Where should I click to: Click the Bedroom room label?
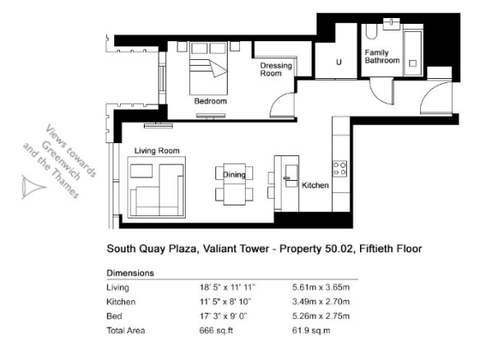(x=210, y=101)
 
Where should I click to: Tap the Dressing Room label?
(x=276, y=70)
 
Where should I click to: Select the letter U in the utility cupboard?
(x=339, y=62)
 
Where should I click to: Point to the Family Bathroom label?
(x=382, y=57)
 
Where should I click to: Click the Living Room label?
(x=157, y=150)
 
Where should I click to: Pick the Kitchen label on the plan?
(x=316, y=185)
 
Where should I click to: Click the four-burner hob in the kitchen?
(x=339, y=168)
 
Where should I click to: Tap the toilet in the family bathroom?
(x=372, y=31)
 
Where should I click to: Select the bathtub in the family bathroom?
(x=413, y=52)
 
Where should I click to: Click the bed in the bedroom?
(x=209, y=68)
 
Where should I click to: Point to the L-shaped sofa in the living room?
(x=157, y=190)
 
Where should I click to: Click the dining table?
(x=234, y=184)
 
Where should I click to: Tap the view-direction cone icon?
(x=32, y=187)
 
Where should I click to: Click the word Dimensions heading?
(x=131, y=273)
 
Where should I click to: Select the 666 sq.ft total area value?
(x=216, y=330)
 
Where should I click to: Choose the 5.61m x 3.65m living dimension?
(x=321, y=288)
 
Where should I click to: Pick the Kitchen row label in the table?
(x=121, y=302)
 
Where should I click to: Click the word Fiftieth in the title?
(x=376, y=248)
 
